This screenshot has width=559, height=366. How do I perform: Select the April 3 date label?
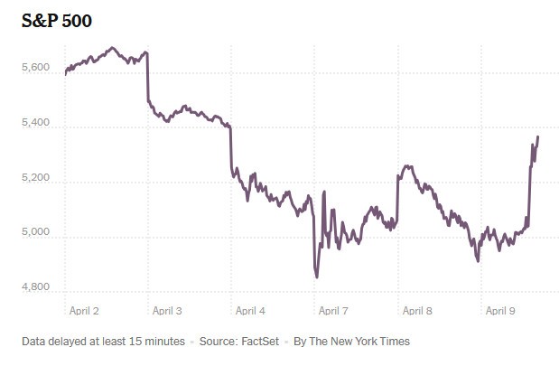(x=167, y=311)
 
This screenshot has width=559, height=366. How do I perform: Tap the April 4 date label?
(x=250, y=311)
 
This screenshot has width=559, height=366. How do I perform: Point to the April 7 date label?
(x=333, y=311)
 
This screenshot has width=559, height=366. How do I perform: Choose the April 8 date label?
(x=416, y=311)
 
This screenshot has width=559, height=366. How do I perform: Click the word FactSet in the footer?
(x=262, y=342)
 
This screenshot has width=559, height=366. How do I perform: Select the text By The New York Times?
(x=354, y=342)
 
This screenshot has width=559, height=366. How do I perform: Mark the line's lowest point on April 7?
(x=317, y=277)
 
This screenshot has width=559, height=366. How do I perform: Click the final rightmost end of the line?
(x=538, y=136)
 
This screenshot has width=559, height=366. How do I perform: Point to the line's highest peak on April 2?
(x=112, y=47)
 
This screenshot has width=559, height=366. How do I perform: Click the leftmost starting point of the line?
(x=65, y=73)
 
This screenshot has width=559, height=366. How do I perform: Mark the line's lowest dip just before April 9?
(x=478, y=261)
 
